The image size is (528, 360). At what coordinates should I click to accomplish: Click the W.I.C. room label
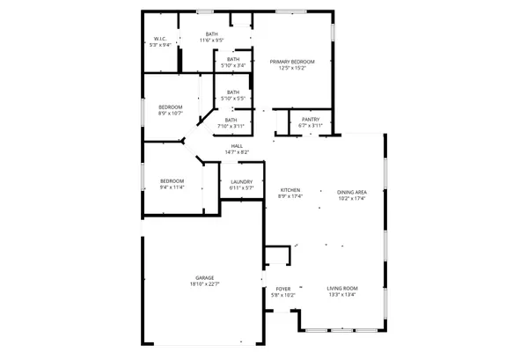pyautogui.click(x=160, y=39)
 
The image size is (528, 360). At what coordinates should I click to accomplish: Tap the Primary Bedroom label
pyautogui.click(x=292, y=62)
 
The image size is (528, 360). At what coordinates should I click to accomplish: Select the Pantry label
pyautogui.click(x=311, y=119)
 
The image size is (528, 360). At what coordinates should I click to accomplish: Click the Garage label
pyautogui.click(x=205, y=277)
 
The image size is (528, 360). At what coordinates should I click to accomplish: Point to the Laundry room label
pyautogui.click(x=241, y=182)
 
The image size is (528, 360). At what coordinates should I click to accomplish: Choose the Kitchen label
pyautogui.click(x=290, y=190)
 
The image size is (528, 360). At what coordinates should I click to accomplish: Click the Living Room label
pyautogui.click(x=342, y=289)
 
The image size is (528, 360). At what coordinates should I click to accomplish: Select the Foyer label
pyautogui.click(x=283, y=289)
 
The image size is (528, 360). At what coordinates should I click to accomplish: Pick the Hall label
pyautogui.click(x=237, y=146)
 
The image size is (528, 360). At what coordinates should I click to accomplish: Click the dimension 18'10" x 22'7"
pyautogui.click(x=205, y=283)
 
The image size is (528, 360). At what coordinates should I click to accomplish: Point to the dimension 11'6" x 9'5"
pyautogui.click(x=212, y=40)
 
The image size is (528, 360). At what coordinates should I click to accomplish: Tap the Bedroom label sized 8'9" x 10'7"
pyautogui.click(x=171, y=107)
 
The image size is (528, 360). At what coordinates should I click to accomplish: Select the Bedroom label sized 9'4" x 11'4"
pyautogui.click(x=172, y=181)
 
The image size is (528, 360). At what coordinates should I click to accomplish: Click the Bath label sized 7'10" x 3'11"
pyautogui.click(x=231, y=120)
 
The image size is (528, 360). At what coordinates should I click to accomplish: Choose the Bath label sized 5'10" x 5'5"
pyautogui.click(x=233, y=92)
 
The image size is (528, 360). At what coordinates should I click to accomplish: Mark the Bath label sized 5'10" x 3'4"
pyautogui.click(x=232, y=59)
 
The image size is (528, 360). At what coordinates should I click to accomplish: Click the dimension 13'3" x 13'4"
pyautogui.click(x=342, y=295)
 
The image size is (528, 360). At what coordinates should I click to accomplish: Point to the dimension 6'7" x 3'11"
pyautogui.click(x=311, y=125)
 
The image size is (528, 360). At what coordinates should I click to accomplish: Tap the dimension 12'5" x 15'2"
pyautogui.click(x=292, y=68)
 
